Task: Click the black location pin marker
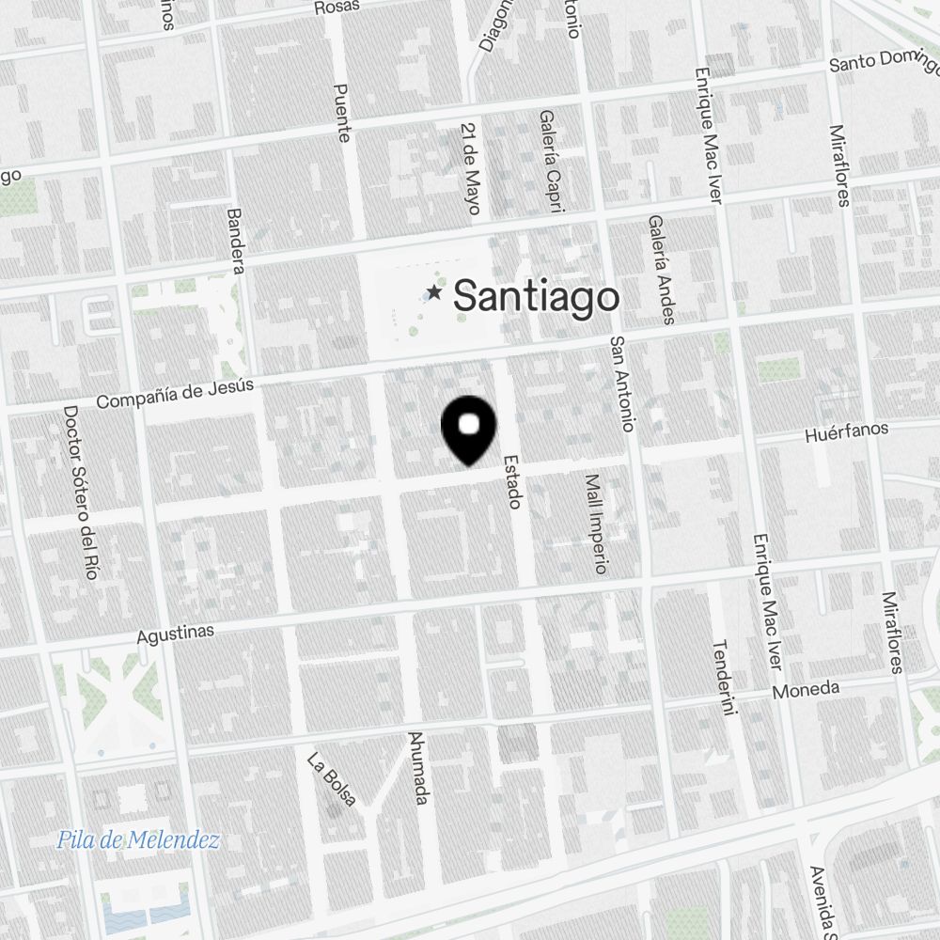coord(468,430)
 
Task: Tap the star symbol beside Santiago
coord(433,293)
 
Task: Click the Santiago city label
coord(537,297)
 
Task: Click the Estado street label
coord(512,481)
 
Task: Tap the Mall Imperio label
coord(596,524)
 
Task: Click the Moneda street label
coord(806,691)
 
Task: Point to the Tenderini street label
coord(721,679)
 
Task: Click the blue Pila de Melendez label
coord(137,840)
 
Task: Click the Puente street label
coord(342,113)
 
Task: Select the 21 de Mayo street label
coord(472,166)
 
